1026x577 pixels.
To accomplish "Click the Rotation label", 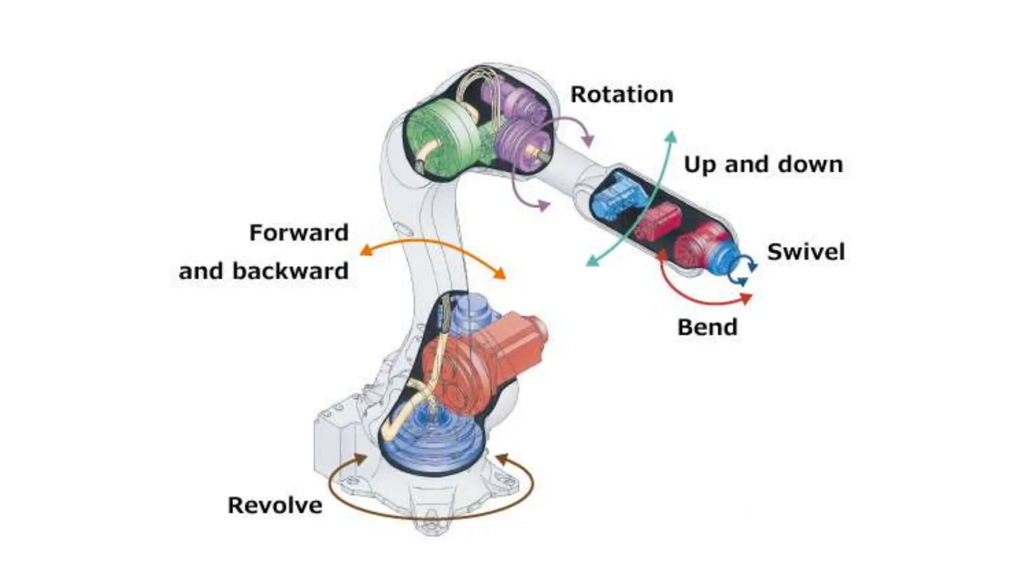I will point(622,95).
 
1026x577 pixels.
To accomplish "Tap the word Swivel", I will point(806,252).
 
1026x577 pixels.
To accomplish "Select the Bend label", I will point(707,328).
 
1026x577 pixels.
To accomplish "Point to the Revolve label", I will point(275,505).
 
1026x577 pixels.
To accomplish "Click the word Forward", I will point(299,233).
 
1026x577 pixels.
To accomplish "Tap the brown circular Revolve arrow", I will point(431,516).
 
